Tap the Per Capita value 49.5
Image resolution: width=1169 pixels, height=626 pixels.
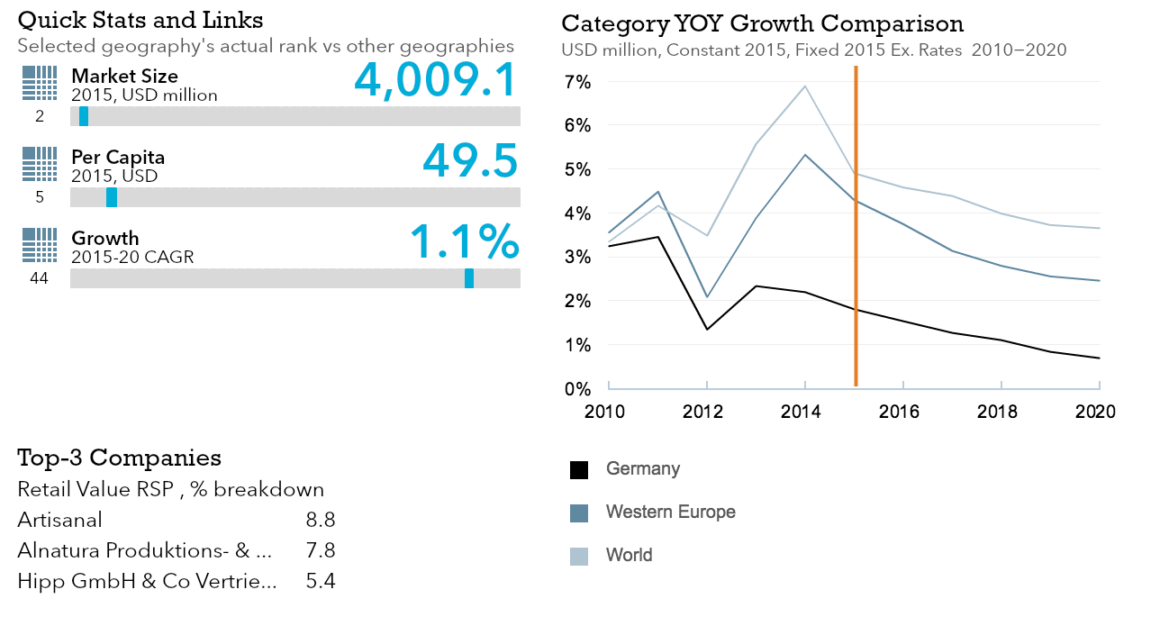point(470,160)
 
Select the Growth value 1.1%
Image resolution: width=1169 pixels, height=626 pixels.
point(465,241)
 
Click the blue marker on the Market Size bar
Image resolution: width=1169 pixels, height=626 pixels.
point(84,116)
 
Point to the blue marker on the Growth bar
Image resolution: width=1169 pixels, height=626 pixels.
point(469,278)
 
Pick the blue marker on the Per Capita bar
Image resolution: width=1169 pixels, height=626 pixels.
point(112,197)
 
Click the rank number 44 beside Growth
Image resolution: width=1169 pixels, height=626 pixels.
point(39,279)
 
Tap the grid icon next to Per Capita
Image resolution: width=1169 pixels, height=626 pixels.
point(39,164)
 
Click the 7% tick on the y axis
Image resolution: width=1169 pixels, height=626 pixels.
point(576,83)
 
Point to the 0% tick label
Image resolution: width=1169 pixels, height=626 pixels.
point(576,389)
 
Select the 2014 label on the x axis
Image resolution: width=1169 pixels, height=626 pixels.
point(800,413)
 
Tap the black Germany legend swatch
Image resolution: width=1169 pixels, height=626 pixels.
point(579,469)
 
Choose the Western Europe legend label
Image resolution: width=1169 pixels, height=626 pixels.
point(670,513)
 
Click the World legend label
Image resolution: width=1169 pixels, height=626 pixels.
point(629,555)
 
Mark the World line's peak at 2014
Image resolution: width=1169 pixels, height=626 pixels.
point(805,86)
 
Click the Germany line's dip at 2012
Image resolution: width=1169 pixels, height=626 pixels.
point(707,329)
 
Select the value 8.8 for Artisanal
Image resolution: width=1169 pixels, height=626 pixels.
point(321,520)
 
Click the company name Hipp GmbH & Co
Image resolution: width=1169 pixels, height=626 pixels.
point(147,581)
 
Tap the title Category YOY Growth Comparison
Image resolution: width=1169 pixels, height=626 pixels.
point(762,23)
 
